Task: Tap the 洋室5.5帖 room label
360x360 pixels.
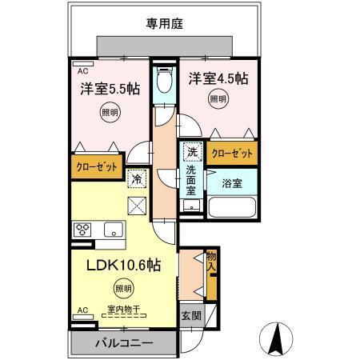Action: coord(109,87)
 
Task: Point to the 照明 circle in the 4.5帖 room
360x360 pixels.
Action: coord(218,100)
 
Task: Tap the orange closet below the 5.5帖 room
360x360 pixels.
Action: coord(97,167)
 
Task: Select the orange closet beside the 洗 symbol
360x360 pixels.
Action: coord(233,152)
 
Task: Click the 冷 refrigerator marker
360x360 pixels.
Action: coord(138,180)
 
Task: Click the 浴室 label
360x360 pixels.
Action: coord(232,182)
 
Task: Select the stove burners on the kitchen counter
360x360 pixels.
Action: coord(83,229)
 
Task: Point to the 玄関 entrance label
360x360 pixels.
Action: coord(189,315)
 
